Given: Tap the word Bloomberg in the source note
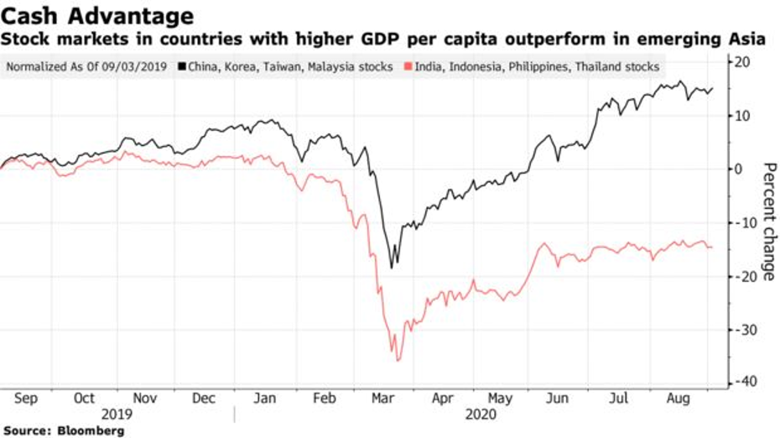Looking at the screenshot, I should [94, 430].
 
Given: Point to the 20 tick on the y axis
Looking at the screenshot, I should [742, 62].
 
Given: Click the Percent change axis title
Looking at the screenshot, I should [767, 221].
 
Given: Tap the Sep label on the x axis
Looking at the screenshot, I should [26, 399].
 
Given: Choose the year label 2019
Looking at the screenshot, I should [117, 415].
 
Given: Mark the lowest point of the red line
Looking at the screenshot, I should [398, 361].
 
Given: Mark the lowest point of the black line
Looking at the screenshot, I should [393, 268].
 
